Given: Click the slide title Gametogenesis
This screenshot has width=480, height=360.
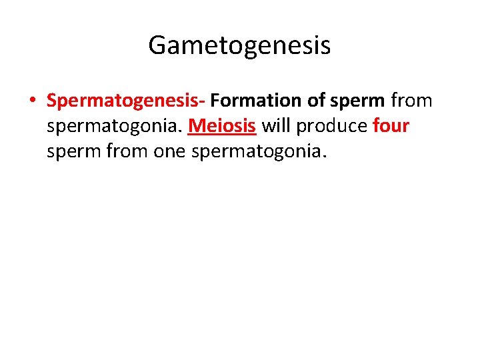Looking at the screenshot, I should coord(239,46).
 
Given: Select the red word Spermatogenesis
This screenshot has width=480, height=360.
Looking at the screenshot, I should coord(123,101).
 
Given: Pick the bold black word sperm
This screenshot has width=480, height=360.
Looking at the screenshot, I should coord(357,101).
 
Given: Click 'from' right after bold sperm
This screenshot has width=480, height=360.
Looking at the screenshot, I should coord(411,101).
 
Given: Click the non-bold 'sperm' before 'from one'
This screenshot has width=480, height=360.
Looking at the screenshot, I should coord(73,152).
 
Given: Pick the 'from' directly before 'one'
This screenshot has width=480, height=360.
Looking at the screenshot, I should coord(126,152).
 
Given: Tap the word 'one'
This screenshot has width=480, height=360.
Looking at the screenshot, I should coord(170,152).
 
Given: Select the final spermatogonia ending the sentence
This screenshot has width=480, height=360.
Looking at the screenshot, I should coord(259,152).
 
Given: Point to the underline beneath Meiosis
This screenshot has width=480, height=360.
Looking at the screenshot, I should coord(222,135).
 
